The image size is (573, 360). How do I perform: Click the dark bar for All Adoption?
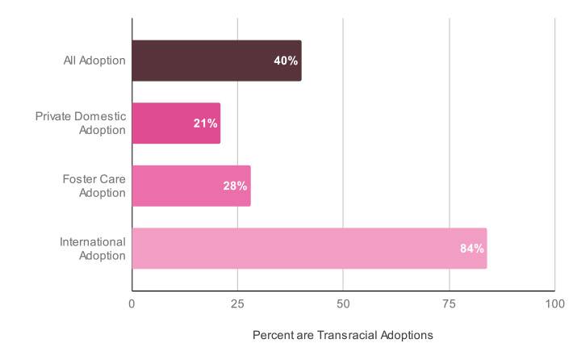[216, 61]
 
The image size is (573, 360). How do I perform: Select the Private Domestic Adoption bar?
[176, 123]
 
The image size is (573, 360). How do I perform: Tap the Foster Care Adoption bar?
[191, 186]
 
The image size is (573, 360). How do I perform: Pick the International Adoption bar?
[309, 248]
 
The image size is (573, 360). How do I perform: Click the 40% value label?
[286, 61]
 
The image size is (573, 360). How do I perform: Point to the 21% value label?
[205, 123]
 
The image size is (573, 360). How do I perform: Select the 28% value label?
[235, 186]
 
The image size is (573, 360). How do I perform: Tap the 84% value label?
[471, 249]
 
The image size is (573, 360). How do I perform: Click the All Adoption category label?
[94, 61]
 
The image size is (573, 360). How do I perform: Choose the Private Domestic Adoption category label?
[81, 123]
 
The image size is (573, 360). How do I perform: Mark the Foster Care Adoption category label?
[94, 186]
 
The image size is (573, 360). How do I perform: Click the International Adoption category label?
[93, 249]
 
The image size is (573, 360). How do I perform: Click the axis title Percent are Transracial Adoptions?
[343, 334]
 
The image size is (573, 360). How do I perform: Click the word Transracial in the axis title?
[353, 334]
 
